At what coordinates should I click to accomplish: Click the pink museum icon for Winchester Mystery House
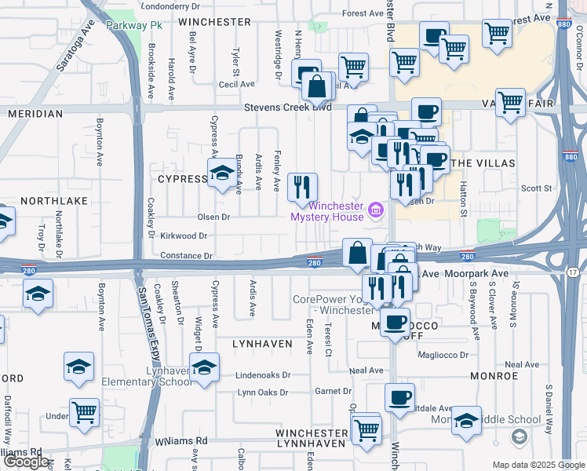point(376,210)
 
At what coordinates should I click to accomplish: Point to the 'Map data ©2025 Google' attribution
point(538,465)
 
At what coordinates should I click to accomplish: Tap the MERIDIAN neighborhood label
point(35,114)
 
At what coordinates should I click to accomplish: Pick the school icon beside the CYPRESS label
point(221,173)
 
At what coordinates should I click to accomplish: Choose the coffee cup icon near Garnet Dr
point(400,397)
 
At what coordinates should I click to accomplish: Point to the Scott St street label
point(538,188)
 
